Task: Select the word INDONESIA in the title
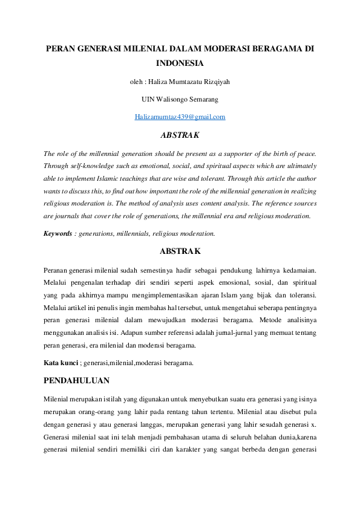(180, 63)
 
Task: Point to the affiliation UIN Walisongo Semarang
(180, 99)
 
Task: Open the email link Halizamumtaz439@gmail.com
(180, 117)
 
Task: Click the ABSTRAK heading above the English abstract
(180, 135)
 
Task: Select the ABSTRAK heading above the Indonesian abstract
(180, 250)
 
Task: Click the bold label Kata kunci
(59, 363)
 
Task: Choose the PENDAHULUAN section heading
(76, 381)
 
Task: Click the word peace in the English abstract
(304, 154)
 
